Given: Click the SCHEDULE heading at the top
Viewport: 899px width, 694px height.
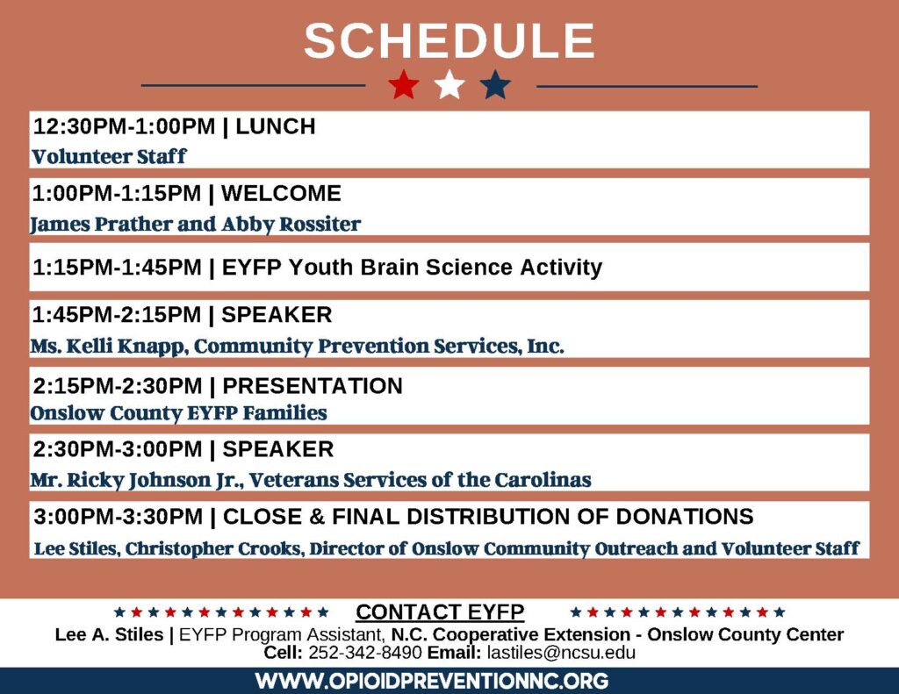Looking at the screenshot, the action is coord(449,40).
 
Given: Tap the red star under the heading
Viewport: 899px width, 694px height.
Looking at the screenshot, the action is coord(404,85).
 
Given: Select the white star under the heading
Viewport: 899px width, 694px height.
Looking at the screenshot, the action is coord(449,85).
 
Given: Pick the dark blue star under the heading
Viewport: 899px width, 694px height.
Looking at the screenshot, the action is coord(495,85).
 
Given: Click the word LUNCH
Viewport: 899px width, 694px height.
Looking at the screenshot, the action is coord(275,126).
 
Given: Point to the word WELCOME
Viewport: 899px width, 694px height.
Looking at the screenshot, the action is coord(281,193).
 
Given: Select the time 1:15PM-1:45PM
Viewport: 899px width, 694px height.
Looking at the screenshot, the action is coord(117,267).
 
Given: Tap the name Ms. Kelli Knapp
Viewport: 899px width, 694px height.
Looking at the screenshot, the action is coord(109,347).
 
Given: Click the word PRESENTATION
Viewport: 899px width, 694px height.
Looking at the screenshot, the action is coord(313,386).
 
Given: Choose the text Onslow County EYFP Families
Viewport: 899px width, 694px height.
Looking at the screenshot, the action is coord(178,412).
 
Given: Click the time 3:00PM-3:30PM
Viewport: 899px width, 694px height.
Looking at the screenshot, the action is coord(119,517).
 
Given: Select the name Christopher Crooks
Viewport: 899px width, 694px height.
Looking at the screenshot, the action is coord(213,548).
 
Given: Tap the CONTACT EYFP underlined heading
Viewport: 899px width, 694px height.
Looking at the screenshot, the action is coord(440,612).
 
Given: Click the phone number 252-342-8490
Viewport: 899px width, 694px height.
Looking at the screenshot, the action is coord(365,652).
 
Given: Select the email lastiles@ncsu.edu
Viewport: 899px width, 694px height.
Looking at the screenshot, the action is coord(561,652).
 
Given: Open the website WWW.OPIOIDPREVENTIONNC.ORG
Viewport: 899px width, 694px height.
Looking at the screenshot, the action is coord(432,681).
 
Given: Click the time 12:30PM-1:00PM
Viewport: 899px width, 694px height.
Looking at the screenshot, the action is coord(125,126).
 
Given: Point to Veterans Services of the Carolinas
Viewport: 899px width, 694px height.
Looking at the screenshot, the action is coord(421,480).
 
